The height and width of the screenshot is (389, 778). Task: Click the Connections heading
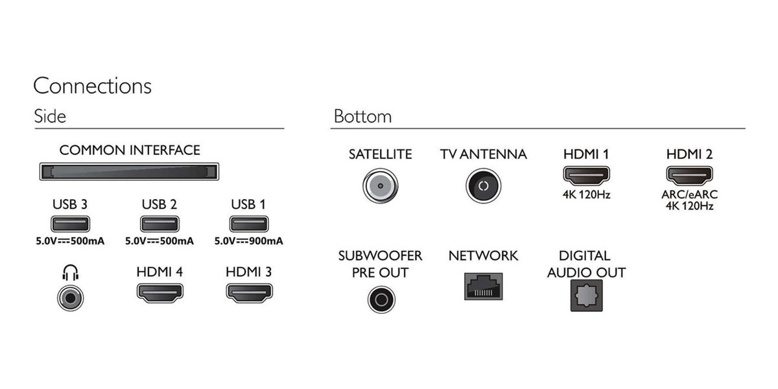(x=92, y=86)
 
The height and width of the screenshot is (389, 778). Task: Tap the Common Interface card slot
(x=129, y=172)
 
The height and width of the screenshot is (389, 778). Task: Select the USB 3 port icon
(x=70, y=224)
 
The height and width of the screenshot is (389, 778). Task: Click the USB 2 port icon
(x=159, y=224)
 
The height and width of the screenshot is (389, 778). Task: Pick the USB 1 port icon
(x=249, y=224)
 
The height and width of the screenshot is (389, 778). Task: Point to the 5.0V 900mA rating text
(x=249, y=241)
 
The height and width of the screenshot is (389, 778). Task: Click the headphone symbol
(x=70, y=273)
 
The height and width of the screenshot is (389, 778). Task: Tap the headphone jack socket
(x=71, y=298)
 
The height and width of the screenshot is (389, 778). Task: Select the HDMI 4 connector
(x=159, y=293)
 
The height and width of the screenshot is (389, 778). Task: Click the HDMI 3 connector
(x=250, y=293)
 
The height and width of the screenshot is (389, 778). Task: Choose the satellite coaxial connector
(x=381, y=186)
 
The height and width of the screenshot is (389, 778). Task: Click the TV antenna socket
(x=483, y=186)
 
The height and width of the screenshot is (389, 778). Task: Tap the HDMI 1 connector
(x=586, y=176)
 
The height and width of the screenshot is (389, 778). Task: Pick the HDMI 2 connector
(x=689, y=176)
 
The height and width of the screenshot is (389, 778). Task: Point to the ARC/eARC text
(x=689, y=194)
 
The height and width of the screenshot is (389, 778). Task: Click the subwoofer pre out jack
(x=381, y=300)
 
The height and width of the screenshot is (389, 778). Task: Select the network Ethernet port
(x=484, y=287)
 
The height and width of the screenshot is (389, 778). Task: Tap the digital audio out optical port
(x=587, y=296)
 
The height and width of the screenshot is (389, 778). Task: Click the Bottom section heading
(x=362, y=116)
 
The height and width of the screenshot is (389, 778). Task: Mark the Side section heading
(x=50, y=116)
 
